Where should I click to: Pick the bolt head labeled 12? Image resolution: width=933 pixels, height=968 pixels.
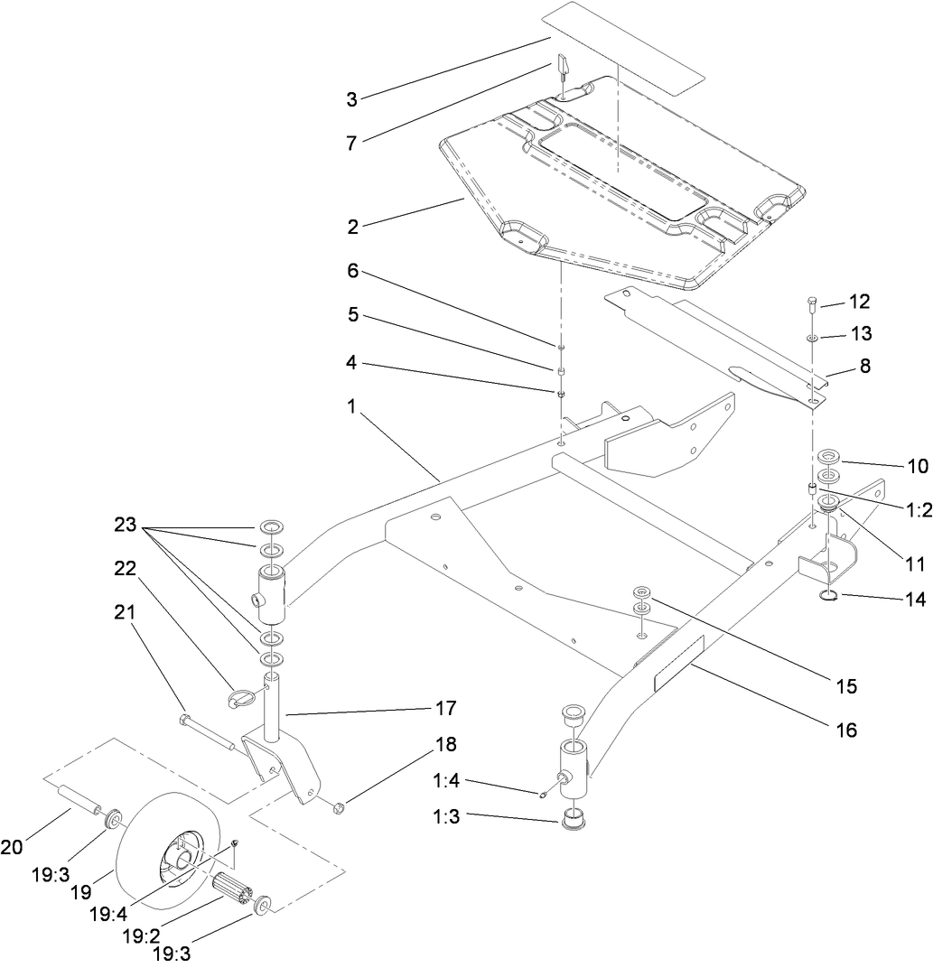[810, 302]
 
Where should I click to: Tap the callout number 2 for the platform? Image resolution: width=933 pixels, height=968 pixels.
[352, 226]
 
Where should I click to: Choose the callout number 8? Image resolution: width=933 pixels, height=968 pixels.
[865, 368]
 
